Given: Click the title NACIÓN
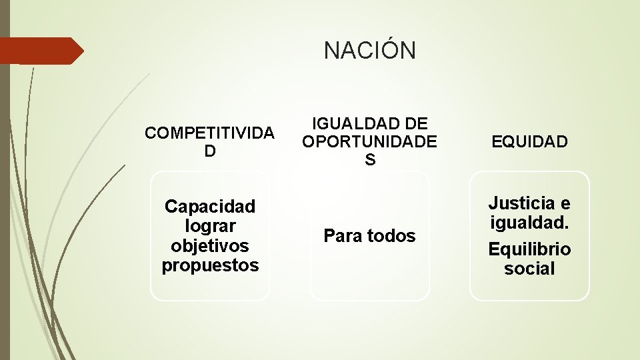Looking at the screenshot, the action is pos(369,50).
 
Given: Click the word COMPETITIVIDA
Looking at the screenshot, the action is pos(209,133).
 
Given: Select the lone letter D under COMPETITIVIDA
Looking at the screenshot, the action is pos(210,151).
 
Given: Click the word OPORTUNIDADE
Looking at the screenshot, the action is pos(369,141).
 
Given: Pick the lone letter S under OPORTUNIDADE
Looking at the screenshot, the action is pos(370,160).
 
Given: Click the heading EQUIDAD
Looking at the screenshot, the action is pos(529,141).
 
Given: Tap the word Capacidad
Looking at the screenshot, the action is pos(210,206).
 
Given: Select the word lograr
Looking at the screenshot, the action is pos(210,226).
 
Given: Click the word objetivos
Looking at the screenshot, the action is pos(210,245).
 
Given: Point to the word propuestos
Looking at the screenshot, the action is pos(210,265).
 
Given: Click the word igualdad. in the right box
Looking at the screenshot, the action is pos(529,222).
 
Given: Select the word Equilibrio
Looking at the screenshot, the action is pos(529,249).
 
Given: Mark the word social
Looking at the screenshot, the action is pos(529,269).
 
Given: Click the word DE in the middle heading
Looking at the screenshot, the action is pos(416,123).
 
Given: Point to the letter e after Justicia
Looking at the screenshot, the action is pos(565,203).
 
